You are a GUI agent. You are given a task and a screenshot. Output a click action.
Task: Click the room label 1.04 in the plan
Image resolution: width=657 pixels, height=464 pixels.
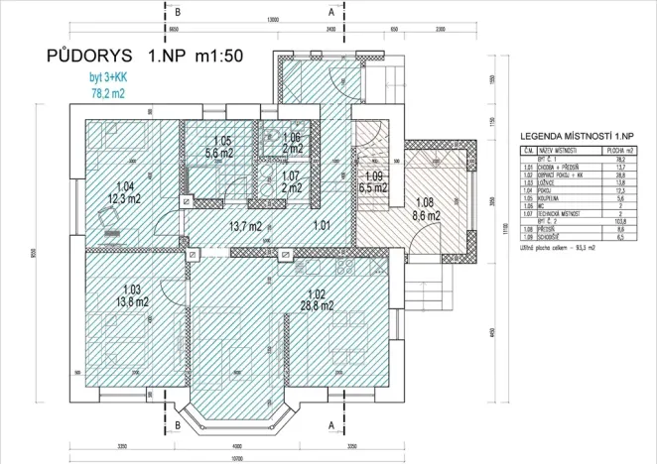click(x=125, y=186)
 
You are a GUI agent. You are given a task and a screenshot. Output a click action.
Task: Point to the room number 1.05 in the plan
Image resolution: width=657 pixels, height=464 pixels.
click(x=221, y=142)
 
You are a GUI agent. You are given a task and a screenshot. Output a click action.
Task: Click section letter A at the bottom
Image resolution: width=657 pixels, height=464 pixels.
click(x=329, y=425)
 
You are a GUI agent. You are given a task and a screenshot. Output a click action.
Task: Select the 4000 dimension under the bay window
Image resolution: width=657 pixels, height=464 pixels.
click(x=237, y=442)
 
